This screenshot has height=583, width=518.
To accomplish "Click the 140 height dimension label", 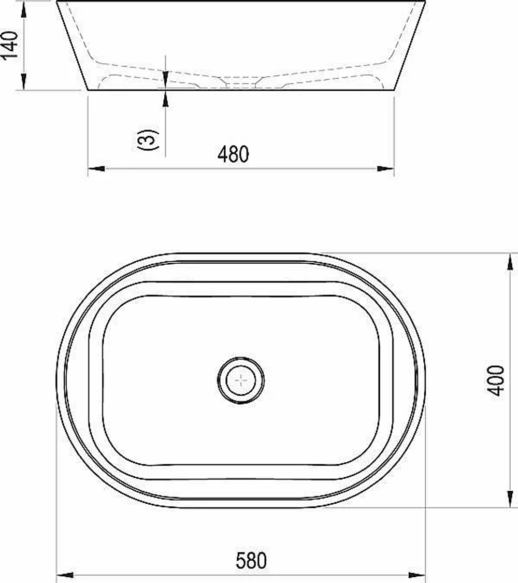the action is [9, 45].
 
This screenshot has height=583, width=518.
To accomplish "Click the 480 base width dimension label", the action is [233, 154].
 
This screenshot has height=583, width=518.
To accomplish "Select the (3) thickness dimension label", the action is [148, 140].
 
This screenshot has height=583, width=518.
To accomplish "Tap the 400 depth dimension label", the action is [495, 380].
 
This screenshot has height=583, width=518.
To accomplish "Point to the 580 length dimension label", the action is [251, 561].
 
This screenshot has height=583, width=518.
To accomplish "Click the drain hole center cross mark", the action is [241, 380].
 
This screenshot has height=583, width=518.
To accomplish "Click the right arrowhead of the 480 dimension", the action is [385, 168].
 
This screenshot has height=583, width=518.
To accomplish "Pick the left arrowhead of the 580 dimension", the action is [65, 575].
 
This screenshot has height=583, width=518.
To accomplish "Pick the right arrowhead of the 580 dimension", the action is [416, 575].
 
